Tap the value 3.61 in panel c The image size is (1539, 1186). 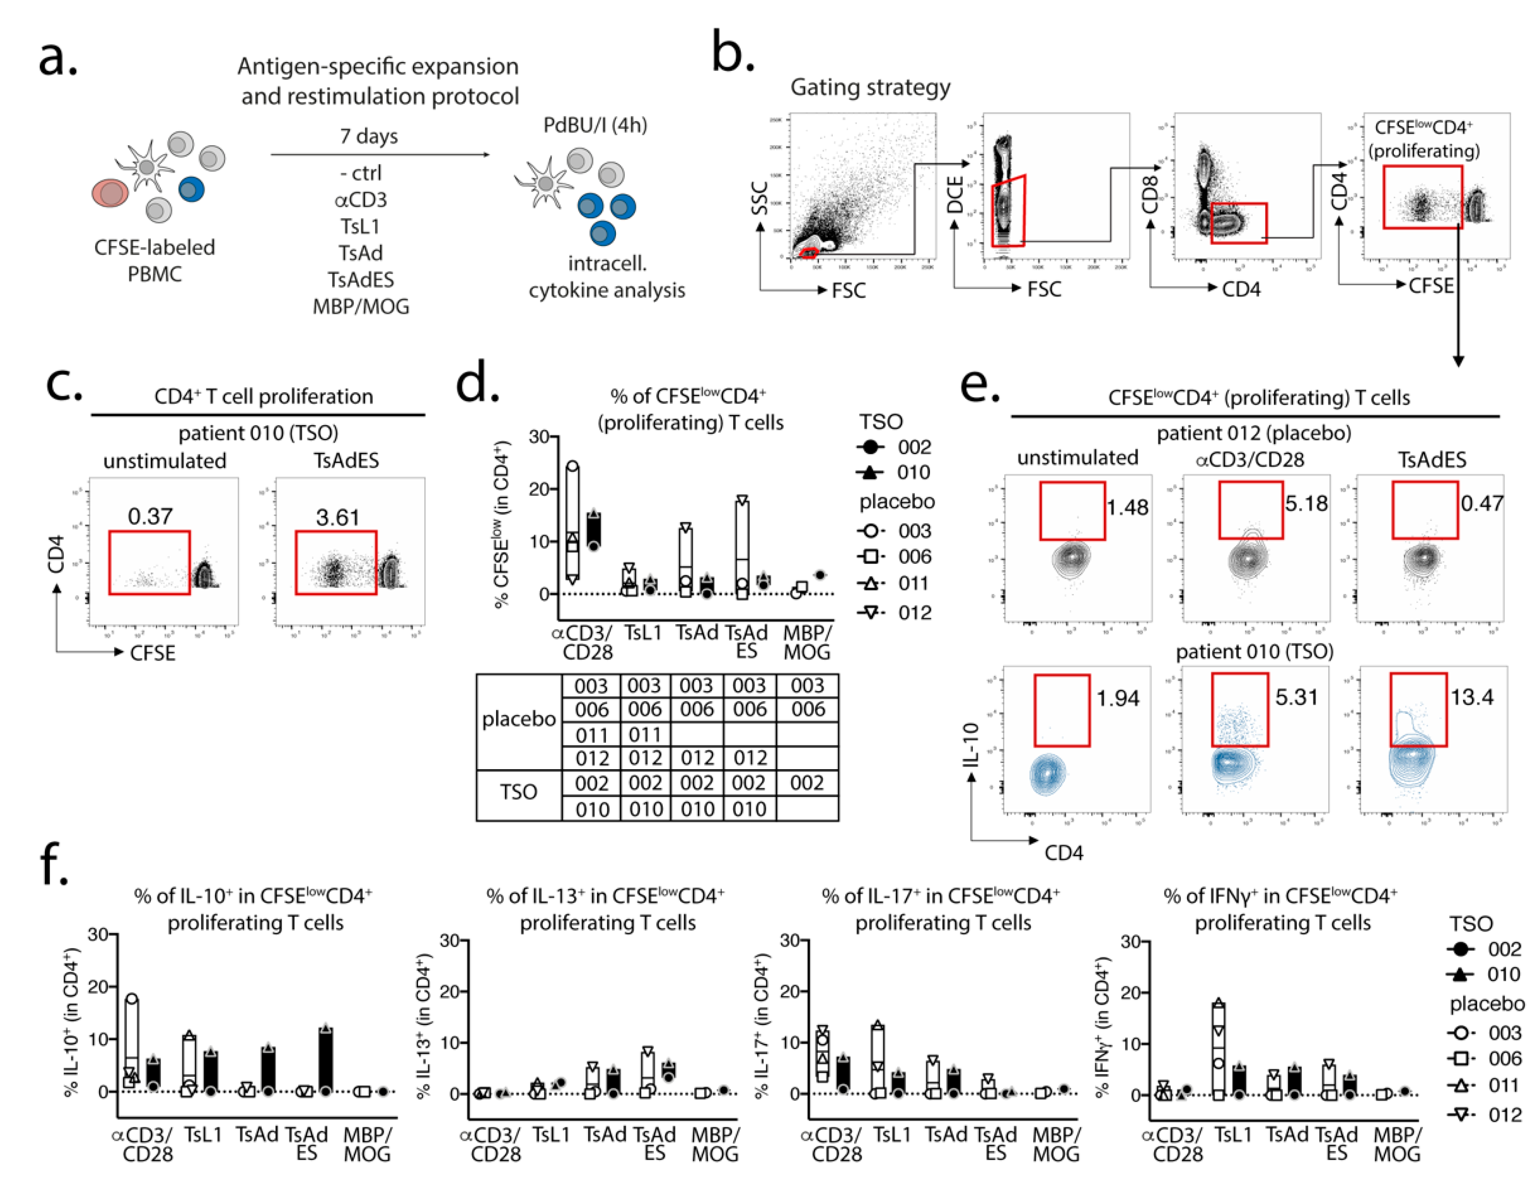pyautogui.click(x=338, y=518)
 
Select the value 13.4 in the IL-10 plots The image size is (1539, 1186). pyautogui.click(x=1471, y=698)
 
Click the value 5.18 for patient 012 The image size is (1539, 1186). pyautogui.click(x=1306, y=504)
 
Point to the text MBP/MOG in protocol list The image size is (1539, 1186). pyautogui.click(x=361, y=307)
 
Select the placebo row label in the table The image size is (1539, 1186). pyautogui.click(x=519, y=719)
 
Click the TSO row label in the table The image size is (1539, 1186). pyautogui.click(x=519, y=792)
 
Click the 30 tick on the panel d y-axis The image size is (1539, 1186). pyautogui.click(x=539, y=437)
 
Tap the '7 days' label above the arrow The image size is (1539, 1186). pyautogui.click(x=369, y=136)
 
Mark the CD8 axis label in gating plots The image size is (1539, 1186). pyautogui.click(x=1149, y=194)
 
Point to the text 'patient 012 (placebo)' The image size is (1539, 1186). pyautogui.click(x=1254, y=432)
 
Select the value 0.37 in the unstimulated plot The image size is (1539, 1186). pyautogui.click(x=150, y=517)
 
